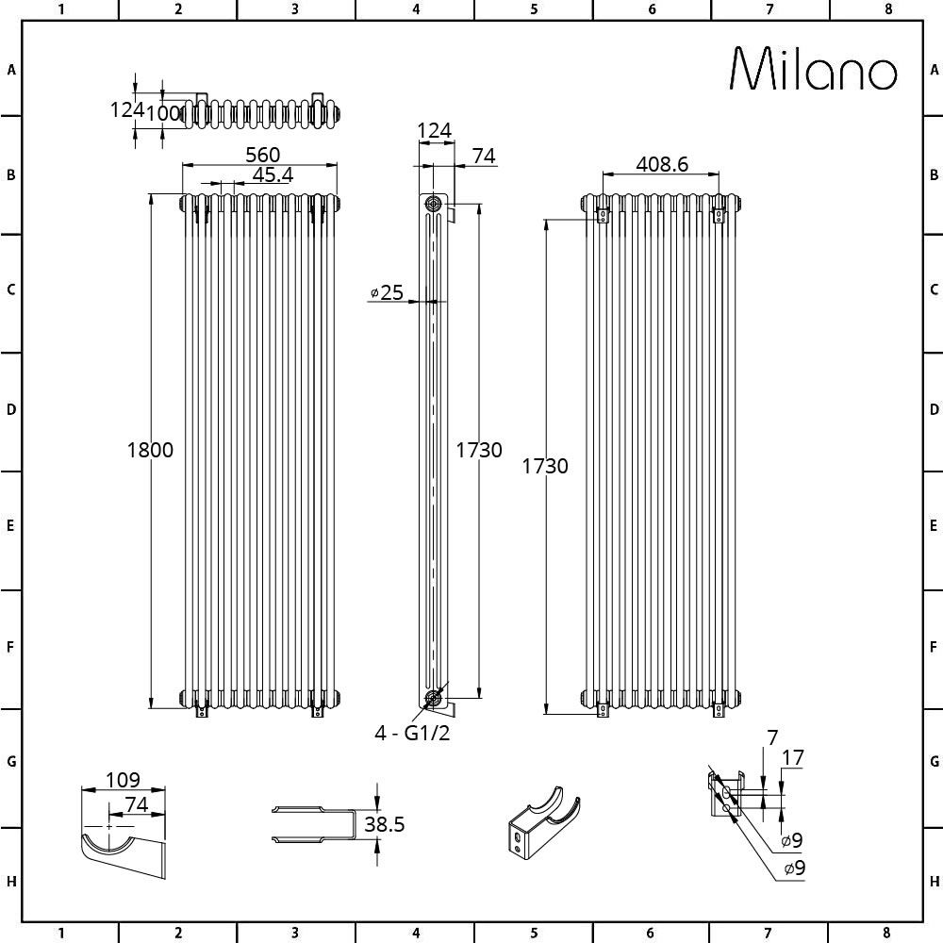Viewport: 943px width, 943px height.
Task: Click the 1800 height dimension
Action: pyautogui.click(x=150, y=450)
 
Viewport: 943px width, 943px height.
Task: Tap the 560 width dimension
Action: pyautogui.click(x=262, y=155)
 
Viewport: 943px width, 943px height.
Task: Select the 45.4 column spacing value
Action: pyautogui.click(x=273, y=174)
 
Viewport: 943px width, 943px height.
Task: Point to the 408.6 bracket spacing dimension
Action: pyautogui.click(x=662, y=163)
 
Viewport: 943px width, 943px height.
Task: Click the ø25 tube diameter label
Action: pyautogui.click(x=387, y=292)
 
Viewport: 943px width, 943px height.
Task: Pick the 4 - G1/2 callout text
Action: pyautogui.click(x=412, y=733)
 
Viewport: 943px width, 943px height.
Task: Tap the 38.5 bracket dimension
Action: pyautogui.click(x=385, y=824)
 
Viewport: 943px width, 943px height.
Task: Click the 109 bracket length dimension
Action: pyautogui.click(x=123, y=780)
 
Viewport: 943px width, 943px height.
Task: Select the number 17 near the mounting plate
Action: pyautogui.click(x=793, y=757)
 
